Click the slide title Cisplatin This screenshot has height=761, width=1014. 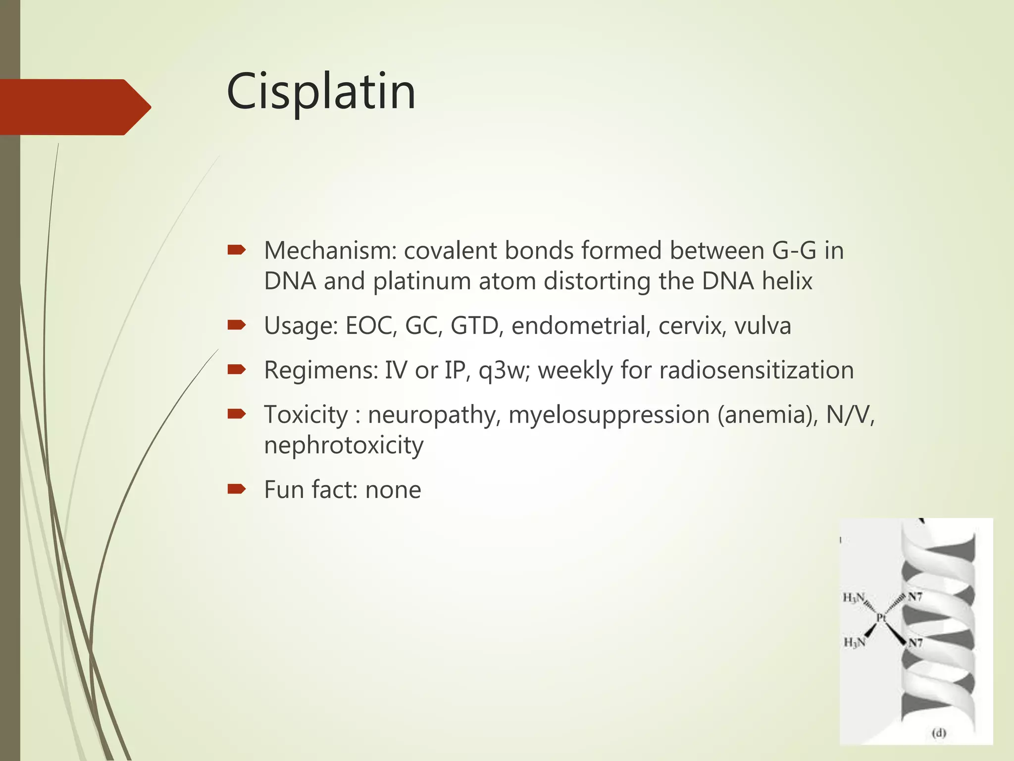pos(321,92)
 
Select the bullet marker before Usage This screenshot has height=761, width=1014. pos(236,325)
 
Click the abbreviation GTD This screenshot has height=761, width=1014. pos(474,326)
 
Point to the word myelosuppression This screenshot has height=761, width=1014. pos(609,415)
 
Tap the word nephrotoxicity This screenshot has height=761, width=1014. pos(344,445)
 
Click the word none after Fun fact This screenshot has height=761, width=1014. pos(393,490)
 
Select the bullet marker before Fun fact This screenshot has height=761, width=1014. pos(236,489)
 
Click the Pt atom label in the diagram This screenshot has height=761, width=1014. pos(881,617)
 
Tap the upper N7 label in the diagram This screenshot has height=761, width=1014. pos(915,597)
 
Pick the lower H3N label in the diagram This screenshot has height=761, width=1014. pos(855,643)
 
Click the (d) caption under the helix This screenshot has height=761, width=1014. pos(939,733)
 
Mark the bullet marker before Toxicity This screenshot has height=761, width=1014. pos(236,414)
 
